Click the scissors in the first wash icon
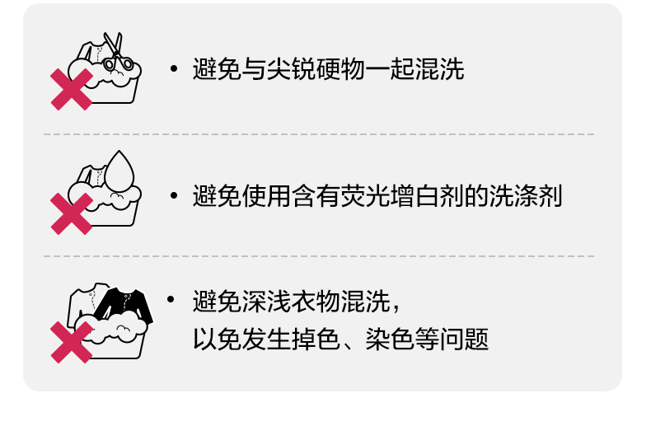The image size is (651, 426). click(115, 51)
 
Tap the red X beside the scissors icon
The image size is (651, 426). click(72, 89)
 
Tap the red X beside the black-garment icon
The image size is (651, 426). click(72, 341)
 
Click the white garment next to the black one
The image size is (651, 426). click(88, 301)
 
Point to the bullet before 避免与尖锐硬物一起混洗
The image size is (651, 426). click(173, 69)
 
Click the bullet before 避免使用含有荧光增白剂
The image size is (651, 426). click(173, 196)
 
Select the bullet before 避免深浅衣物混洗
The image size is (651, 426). click(173, 299)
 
